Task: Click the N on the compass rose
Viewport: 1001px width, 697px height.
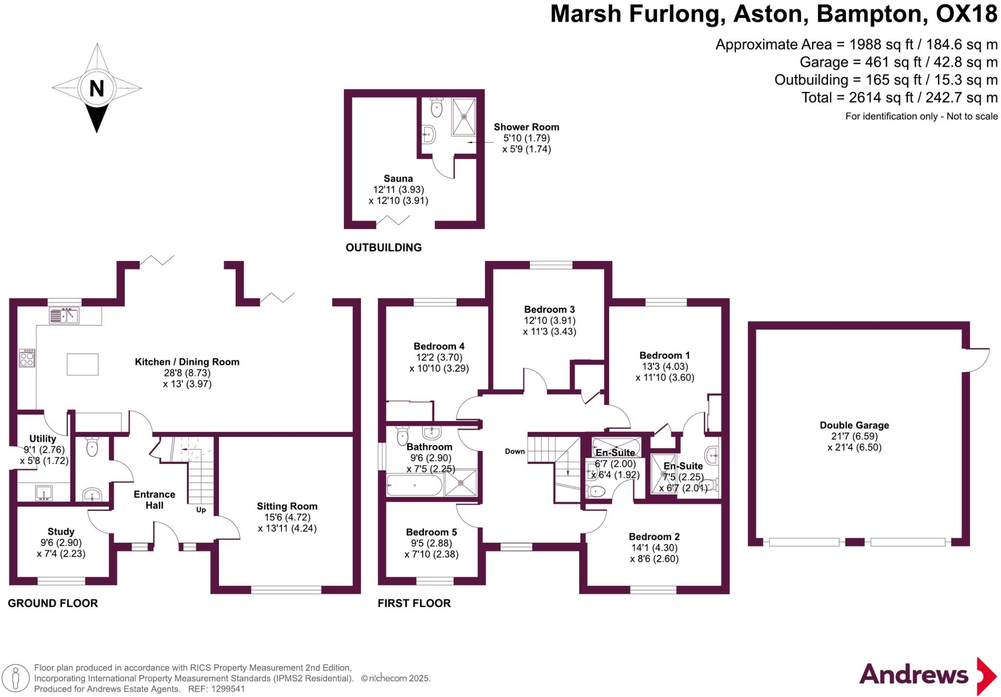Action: (x=97, y=88)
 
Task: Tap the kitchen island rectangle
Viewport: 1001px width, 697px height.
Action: (x=83, y=364)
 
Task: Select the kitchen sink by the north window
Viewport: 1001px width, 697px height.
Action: (x=64, y=316)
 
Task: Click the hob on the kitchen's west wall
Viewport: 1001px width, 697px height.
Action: (x=27, y=358)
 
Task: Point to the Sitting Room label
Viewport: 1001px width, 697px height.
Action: (x=287, y=507)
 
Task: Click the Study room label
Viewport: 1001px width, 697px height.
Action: (x=61, y=531)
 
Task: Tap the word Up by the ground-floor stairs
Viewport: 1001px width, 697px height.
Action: (x=201, y=510)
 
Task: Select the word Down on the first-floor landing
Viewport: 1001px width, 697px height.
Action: (x=515, y=451)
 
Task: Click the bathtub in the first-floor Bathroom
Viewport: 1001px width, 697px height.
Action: (x=414, y=486)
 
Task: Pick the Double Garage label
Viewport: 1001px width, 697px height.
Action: (x=854, y=425)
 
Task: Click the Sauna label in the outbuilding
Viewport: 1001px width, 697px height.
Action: (x=398, y=179)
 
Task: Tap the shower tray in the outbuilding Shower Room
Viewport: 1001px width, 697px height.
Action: (x=463, y=117)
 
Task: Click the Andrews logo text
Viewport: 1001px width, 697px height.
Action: (x=914, y=675)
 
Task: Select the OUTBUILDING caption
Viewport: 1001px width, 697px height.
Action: (x=384, y=248)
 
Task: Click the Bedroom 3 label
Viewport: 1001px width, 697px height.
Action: (x=549, y=309)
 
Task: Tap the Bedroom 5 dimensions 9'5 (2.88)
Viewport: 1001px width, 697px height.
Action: (x=431, y=543)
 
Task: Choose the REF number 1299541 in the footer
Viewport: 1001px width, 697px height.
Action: (x=228, y=689)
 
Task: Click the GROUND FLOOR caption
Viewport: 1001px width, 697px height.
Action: (x=53, y=603)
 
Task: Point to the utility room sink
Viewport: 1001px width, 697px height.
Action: (x=44, y=492)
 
